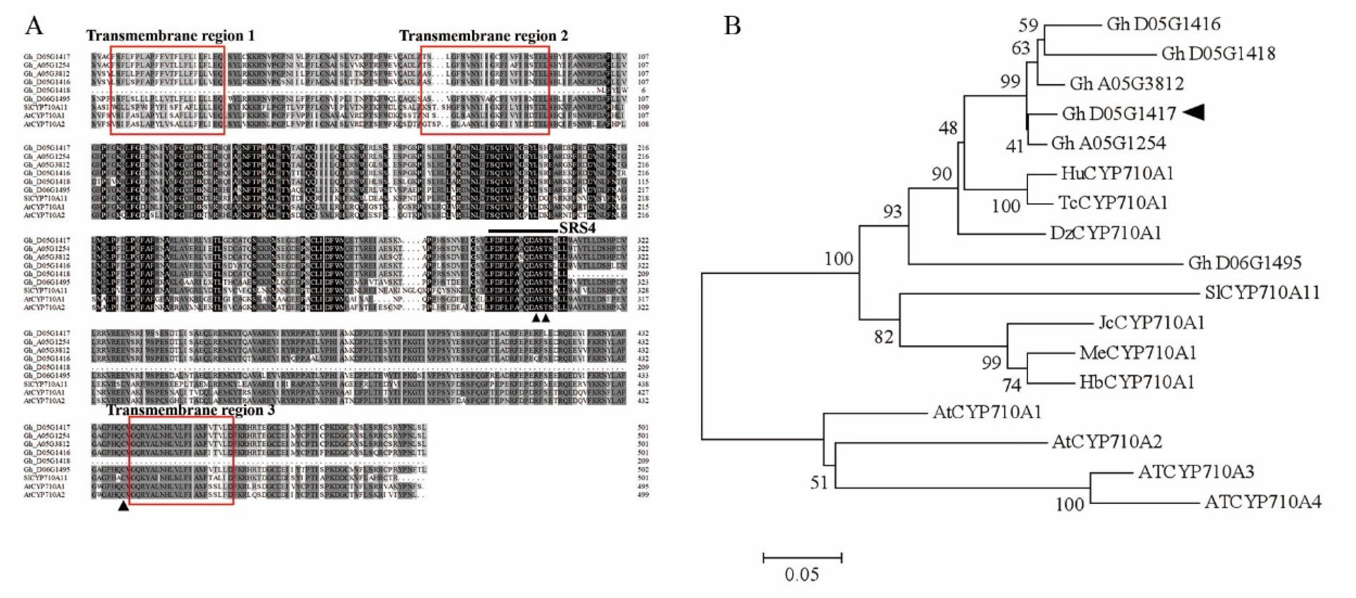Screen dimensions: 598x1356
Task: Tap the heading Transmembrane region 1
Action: (x=171, y=36)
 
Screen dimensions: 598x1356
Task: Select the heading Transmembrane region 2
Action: (x=483, y=36)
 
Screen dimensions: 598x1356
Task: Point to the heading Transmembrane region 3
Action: (x=191, y=410)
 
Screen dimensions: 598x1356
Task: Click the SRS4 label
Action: (x=577, y=228)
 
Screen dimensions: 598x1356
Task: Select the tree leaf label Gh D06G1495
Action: (x=1244, y=263)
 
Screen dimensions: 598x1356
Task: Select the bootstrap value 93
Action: (x=892, y=211)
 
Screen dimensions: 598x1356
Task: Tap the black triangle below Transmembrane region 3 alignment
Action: (x=123, y=506)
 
